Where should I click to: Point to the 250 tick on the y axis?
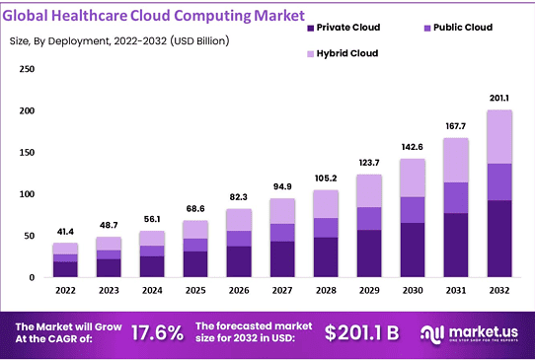(27, 69)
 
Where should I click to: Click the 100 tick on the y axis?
(27, 194)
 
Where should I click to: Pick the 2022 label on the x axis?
(65, 291)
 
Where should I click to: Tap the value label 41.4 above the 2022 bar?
(65, 230)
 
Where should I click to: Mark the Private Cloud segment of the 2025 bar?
(196, 263)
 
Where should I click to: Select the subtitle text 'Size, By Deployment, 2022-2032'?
(91, 40)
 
